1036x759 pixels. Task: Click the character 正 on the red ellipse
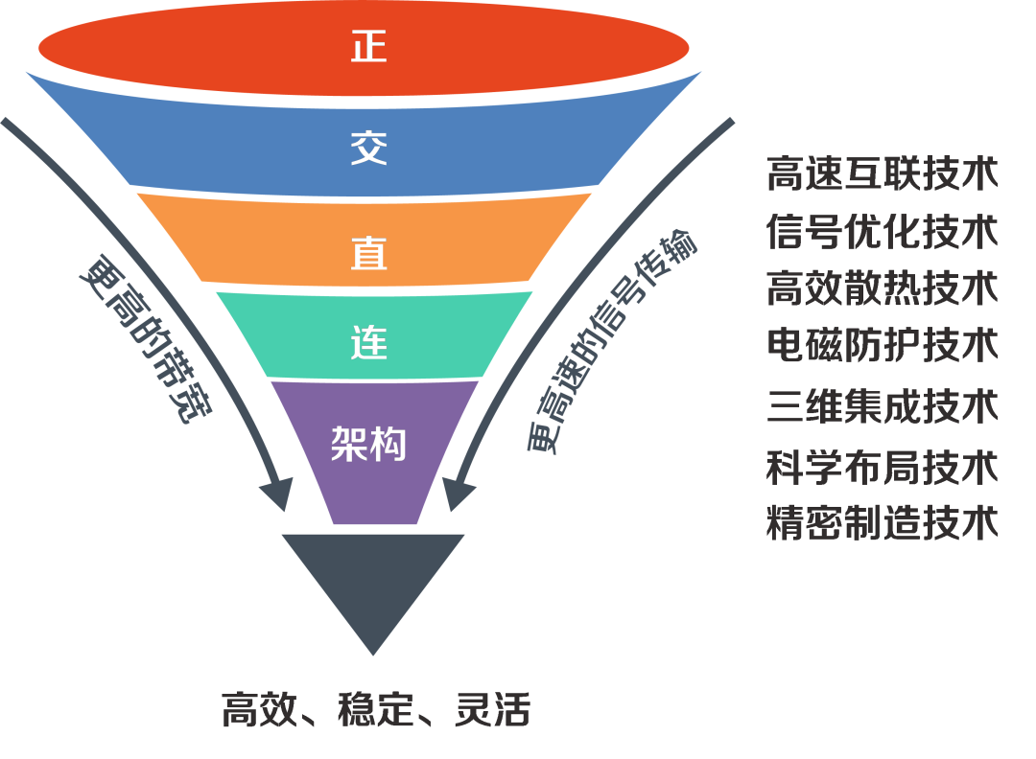click(368, 46)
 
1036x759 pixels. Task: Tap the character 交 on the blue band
click(368, 149)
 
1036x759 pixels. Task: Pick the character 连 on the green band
click(368, 342)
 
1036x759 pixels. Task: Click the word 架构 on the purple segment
click(368, 444)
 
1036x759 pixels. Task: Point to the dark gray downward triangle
click(373, 580)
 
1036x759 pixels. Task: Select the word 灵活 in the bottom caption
click(491, 710)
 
